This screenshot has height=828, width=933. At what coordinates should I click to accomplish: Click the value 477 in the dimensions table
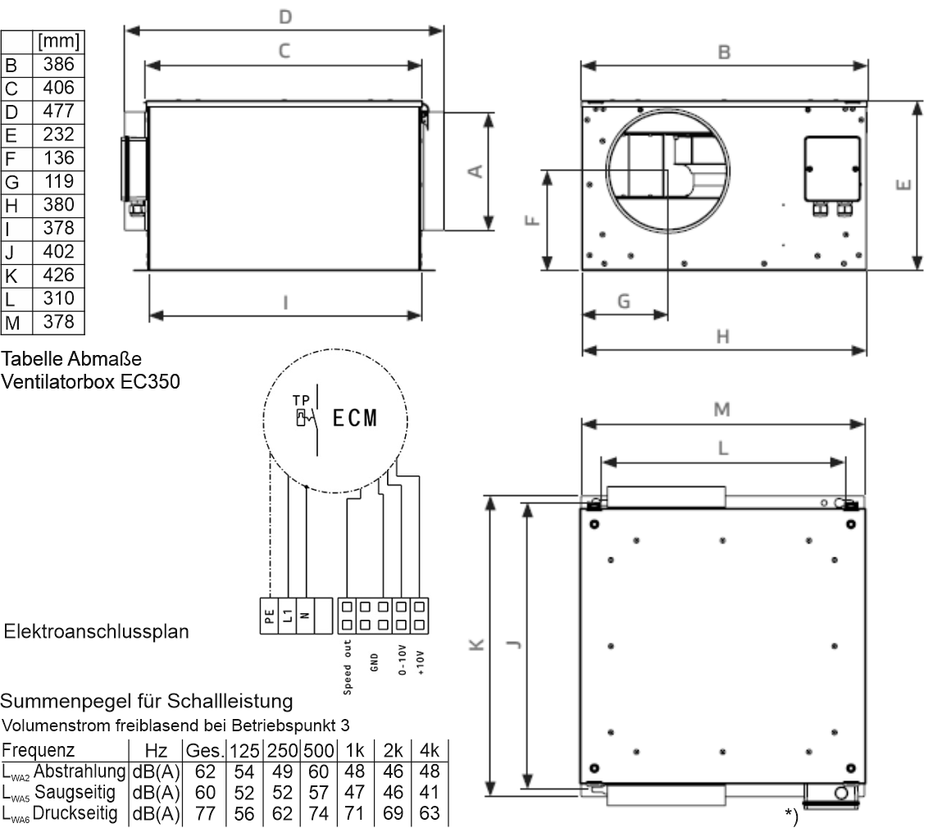(58, 111)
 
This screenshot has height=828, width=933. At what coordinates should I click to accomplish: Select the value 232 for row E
(58, 134)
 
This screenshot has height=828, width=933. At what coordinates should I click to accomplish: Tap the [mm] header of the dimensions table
(58, 41)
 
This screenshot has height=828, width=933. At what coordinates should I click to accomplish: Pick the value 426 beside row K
(58, 275)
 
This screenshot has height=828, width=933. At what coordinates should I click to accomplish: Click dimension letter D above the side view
(285, 16)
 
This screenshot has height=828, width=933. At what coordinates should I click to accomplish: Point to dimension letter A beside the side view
(475, 171)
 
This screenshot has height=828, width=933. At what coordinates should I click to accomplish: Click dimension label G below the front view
(624, 301)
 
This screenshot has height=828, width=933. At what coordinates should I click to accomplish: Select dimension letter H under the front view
(723, 337)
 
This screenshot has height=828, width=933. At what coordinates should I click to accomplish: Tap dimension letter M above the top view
(721, 409)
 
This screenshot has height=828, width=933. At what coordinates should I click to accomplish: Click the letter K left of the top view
(476, 644)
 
